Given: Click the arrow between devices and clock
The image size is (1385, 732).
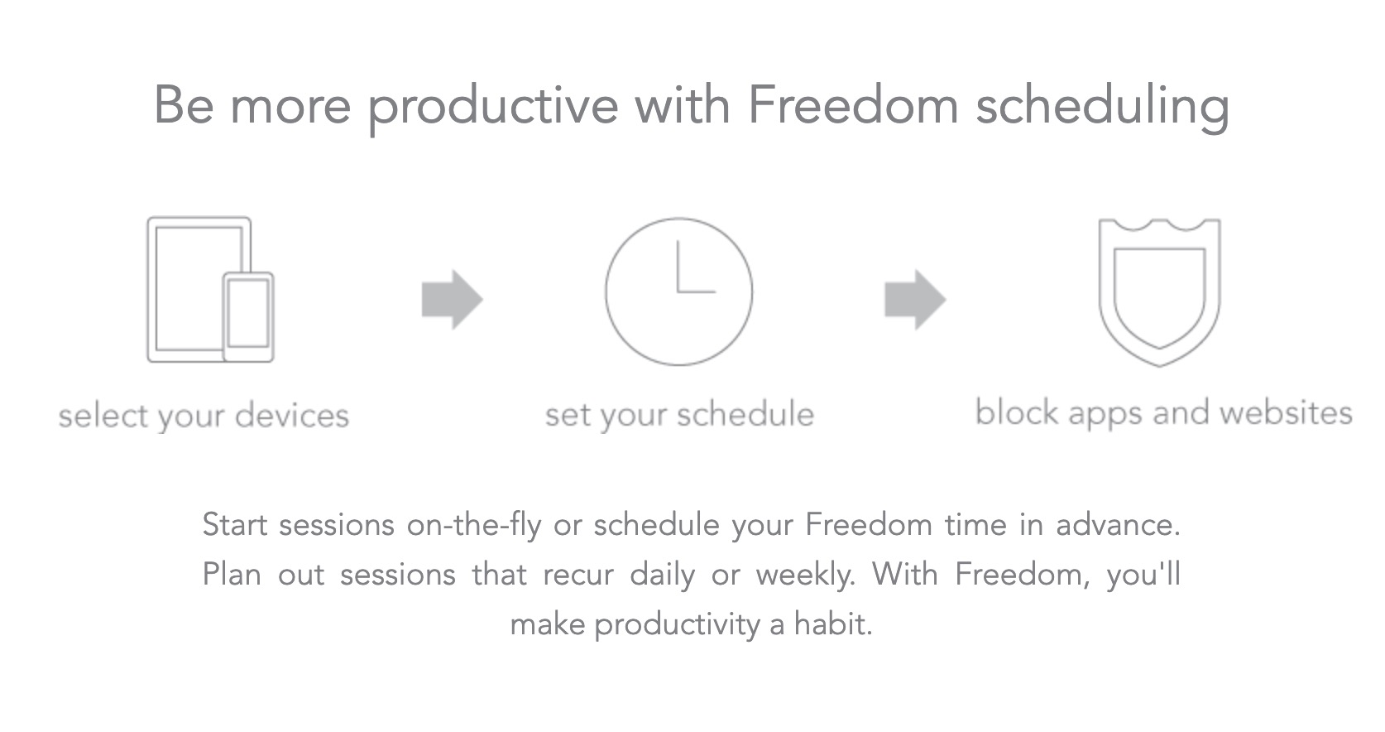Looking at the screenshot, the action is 452,300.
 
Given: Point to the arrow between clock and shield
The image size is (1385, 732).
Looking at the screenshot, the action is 915,300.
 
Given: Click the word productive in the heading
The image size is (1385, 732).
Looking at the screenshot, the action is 493,108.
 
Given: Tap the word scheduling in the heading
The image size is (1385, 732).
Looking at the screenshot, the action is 1102,108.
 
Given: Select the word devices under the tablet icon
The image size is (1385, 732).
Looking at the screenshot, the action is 292,415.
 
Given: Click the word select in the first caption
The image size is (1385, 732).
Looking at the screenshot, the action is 104,415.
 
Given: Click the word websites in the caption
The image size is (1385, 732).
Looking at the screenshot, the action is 1286,412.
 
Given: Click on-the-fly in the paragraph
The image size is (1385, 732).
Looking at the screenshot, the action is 474,525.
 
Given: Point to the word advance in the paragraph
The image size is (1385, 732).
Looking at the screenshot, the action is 1118,525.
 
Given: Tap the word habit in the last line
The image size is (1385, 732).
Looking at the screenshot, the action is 833,624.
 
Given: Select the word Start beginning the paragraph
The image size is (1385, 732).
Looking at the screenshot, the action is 235,525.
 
